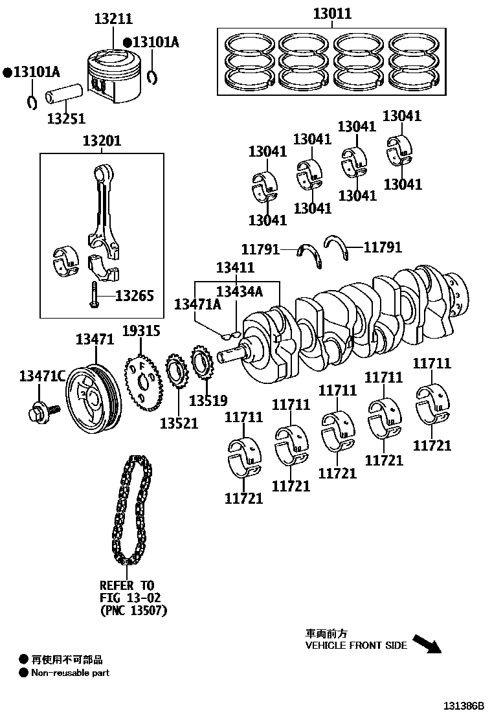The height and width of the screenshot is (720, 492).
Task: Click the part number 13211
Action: (x=114, y=19)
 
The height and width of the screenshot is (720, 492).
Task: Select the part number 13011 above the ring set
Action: (x=332, y=14)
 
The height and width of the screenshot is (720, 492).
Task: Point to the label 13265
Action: (x=135, y=296)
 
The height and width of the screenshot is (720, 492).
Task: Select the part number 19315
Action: (x=140, y=331)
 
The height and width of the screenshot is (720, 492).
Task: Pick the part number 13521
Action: (x=179, y=423)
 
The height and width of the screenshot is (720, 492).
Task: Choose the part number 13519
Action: (x=208, y=401)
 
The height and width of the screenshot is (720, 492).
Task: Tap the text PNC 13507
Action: (x=133, y=610)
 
